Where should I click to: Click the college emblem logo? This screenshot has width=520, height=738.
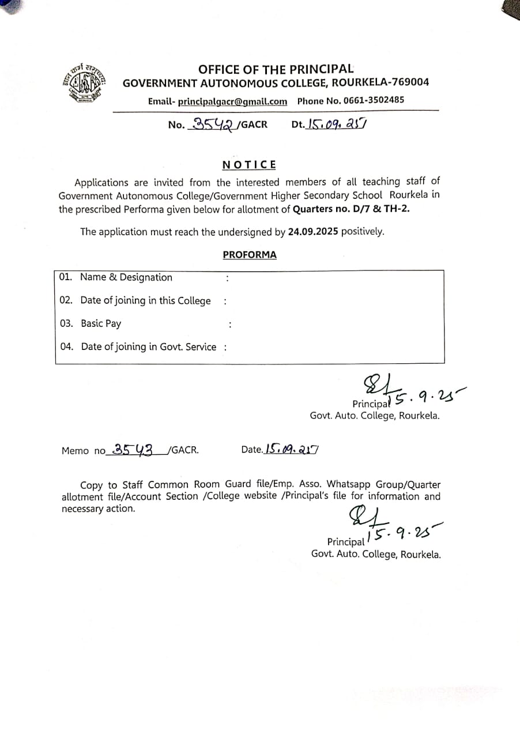85,83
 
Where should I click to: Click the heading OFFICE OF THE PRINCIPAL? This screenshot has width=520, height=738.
276,69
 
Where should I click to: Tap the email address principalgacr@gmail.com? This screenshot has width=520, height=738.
232,101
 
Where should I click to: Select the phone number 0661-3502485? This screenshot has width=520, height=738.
374,100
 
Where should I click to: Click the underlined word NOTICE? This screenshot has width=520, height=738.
249,165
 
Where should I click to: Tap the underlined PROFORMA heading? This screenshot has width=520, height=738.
250,255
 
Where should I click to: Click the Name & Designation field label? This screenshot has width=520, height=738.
126,277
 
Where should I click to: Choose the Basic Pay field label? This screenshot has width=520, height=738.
101,323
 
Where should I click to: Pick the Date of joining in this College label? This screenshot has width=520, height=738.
145,300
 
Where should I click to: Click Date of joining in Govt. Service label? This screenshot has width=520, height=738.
148,347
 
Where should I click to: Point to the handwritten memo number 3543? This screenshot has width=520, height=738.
133,450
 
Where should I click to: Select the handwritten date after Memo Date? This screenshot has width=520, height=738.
292,449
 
